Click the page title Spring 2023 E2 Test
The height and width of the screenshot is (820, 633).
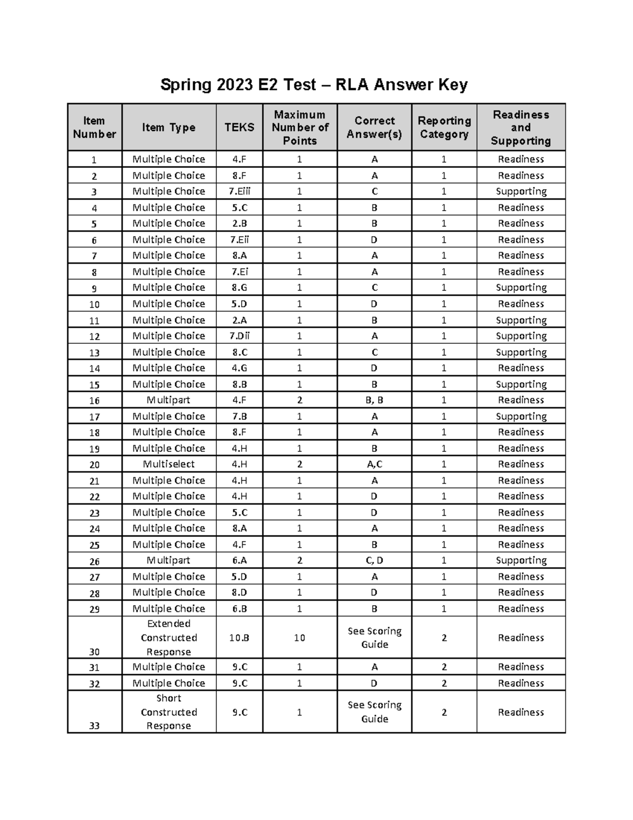[314, 84]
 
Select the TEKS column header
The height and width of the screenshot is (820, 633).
[239, 127]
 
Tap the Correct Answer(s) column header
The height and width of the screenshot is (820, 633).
[374, 127]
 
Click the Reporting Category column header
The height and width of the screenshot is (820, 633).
[444, 127]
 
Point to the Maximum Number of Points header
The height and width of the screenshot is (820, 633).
[300, 127]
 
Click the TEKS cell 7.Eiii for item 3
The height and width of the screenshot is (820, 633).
[239, 191]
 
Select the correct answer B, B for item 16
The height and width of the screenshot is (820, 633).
[374, 400]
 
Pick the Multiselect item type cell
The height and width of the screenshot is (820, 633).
[169, 464]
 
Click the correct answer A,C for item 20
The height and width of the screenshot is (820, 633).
[374, 464]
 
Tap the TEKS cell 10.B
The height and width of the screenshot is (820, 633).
[239, 638]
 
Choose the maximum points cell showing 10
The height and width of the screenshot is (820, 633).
[300, 638]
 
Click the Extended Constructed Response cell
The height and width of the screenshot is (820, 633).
[169, 638]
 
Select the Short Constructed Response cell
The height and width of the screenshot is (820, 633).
[169, 712]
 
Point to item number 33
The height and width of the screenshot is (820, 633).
[94, 725]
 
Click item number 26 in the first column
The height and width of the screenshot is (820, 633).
[94, 561]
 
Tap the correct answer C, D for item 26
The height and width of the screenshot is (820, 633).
[374, 560]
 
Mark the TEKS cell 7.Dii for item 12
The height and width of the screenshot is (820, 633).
[239, 336]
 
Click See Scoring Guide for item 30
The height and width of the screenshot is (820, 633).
[374, 638]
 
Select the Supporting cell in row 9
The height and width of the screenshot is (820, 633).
[521, 288]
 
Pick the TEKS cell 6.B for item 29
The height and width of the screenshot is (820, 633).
[239, 609]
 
